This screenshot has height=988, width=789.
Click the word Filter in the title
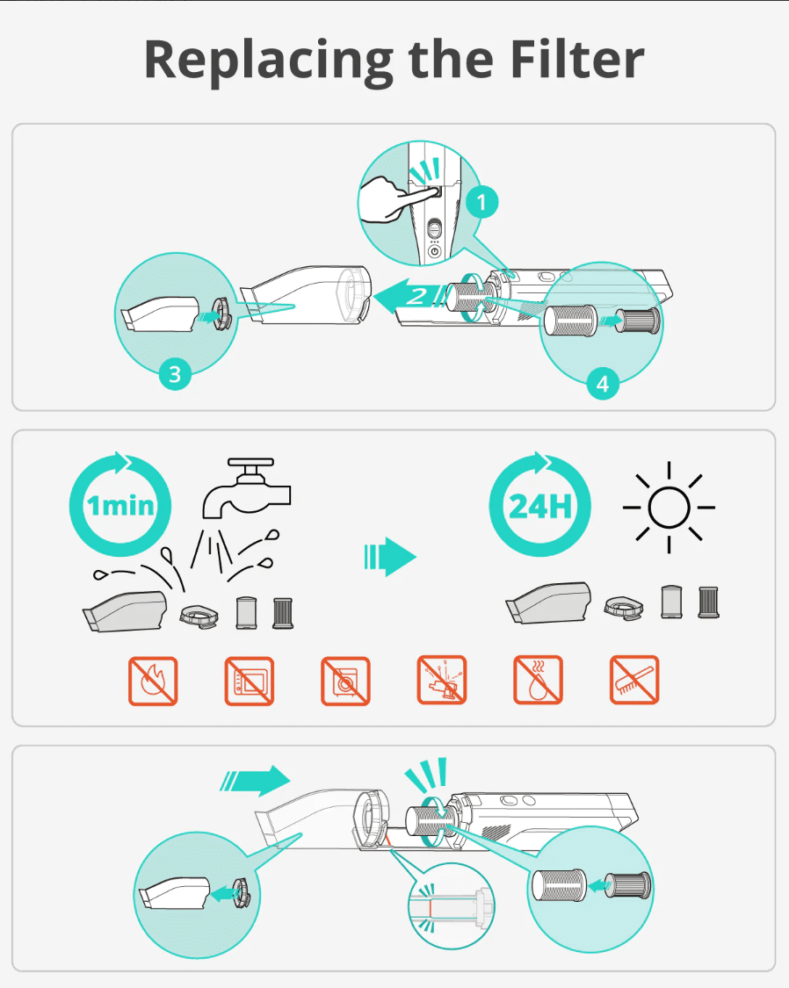(576, 59)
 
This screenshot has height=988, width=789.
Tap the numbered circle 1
(482, 202)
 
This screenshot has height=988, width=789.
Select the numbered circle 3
(175, 373)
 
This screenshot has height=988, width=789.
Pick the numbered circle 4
(603, 383)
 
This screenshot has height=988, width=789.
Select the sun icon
(669, 508)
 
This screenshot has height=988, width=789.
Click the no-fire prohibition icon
(153, 681)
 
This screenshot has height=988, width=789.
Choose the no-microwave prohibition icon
(250, 681)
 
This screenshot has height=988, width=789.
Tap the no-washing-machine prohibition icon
(345, 681)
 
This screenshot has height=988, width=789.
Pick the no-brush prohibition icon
(634, 680)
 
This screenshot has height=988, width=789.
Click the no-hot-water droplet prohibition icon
(539, 680)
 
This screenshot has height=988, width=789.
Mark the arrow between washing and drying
(390, 557)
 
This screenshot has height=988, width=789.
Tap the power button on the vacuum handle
(435, 251)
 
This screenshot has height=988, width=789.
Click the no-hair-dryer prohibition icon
(442, 680)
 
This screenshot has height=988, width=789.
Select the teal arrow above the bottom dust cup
(255, 781)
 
